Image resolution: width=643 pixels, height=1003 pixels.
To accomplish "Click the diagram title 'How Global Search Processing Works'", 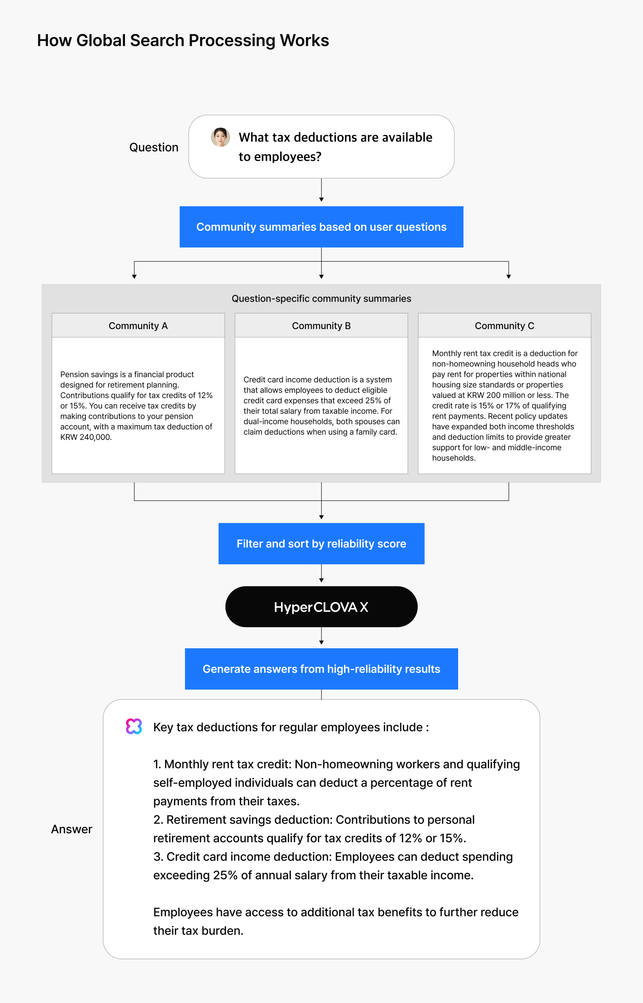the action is tap(183, 41).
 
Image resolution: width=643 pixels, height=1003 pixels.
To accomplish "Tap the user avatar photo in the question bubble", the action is tap(221, 137).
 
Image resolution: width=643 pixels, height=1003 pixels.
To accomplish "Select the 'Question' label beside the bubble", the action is tap(154, 148).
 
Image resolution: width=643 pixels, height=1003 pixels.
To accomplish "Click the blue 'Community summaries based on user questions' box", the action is tap(321, 227).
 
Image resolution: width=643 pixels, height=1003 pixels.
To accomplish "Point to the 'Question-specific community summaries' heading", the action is tap(321, 299).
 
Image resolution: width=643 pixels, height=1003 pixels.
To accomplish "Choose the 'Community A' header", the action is tap(138, 325).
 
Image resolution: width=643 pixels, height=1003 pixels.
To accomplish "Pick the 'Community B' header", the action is tap(321, 325).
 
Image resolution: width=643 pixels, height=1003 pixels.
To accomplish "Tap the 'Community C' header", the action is tap(504, 325).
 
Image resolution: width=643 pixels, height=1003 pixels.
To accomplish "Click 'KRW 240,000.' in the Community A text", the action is tap(86, 438).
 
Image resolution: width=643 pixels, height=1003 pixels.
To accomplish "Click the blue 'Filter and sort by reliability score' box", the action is tap(321, 543).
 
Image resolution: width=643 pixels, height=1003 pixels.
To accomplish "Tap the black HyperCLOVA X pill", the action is tap(321, 606).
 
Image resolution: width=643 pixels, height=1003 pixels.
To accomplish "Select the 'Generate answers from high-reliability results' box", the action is tap(321, 669).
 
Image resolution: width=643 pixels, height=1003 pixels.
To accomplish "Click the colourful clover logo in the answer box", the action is tap(134, 726).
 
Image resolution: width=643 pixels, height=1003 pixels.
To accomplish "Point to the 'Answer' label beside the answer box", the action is tap(72, 829).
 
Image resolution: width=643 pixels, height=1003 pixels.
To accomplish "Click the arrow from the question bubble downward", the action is tap(321, 190).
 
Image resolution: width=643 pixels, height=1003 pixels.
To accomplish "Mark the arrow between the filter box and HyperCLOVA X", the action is tap(321, 573).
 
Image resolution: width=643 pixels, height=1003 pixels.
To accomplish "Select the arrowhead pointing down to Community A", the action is tap(135, 277).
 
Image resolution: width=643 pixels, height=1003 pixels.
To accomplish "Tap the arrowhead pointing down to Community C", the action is tap(508, 277).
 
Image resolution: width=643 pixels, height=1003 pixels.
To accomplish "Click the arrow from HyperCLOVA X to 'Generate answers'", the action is tap(321, 636).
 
